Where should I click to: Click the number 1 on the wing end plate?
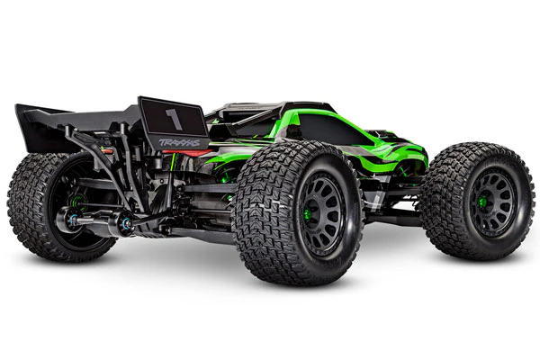[x=174, y=119]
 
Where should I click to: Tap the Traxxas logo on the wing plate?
[x=179, y=142]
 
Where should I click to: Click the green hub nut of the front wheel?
[x=482, y=201]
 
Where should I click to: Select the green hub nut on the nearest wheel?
[x=307, y=214]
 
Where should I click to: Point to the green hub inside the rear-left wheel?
[x=79, y=201]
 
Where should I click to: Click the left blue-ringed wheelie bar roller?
[x=73, y=219]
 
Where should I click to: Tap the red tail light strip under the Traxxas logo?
[x=184, y=152]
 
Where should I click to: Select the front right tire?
[x=477, y=202]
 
